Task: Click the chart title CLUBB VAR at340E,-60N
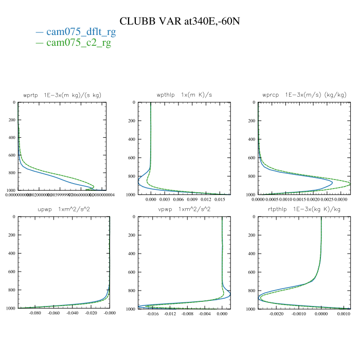click(x=180, y=21)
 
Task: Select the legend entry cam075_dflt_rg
click(x=81, y=32)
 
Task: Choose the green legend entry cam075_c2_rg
click(x=78, y=43)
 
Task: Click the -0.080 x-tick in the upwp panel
click(x=35, y=313)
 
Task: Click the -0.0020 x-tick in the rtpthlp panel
click(x=276, y=313)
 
